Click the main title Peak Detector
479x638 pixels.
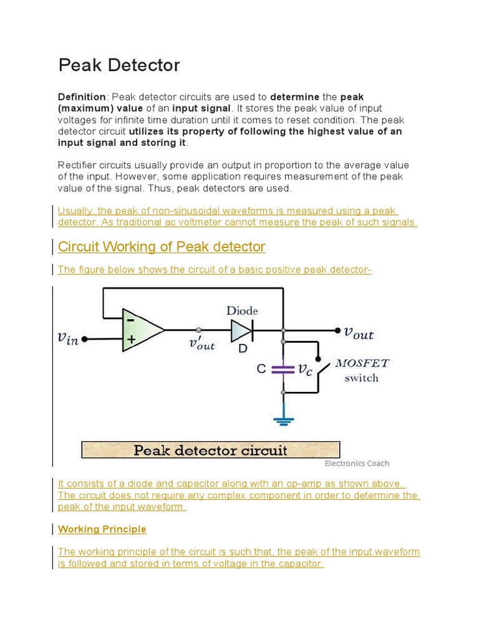tap(119, 65)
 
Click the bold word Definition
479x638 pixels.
tap(82, 97)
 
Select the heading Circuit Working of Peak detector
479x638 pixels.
tap(162, 247)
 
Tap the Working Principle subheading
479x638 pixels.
tap(102, 529)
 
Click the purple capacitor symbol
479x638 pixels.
tap(284, 369)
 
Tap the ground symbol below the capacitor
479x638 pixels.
tap(284, 416)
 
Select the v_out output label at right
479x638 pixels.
tap(359, 333)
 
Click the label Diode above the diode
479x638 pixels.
tap(242, 310)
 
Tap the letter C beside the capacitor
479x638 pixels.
tap(262, 369)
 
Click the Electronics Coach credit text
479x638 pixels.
tap(357, 463)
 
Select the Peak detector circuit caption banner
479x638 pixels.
tap(211, 450)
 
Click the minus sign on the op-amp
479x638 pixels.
tap(132, 320)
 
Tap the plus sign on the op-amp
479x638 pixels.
tap(132, 340)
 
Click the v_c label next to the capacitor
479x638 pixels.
tap(305, 369)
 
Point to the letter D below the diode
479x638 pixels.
tap(243, 349)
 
